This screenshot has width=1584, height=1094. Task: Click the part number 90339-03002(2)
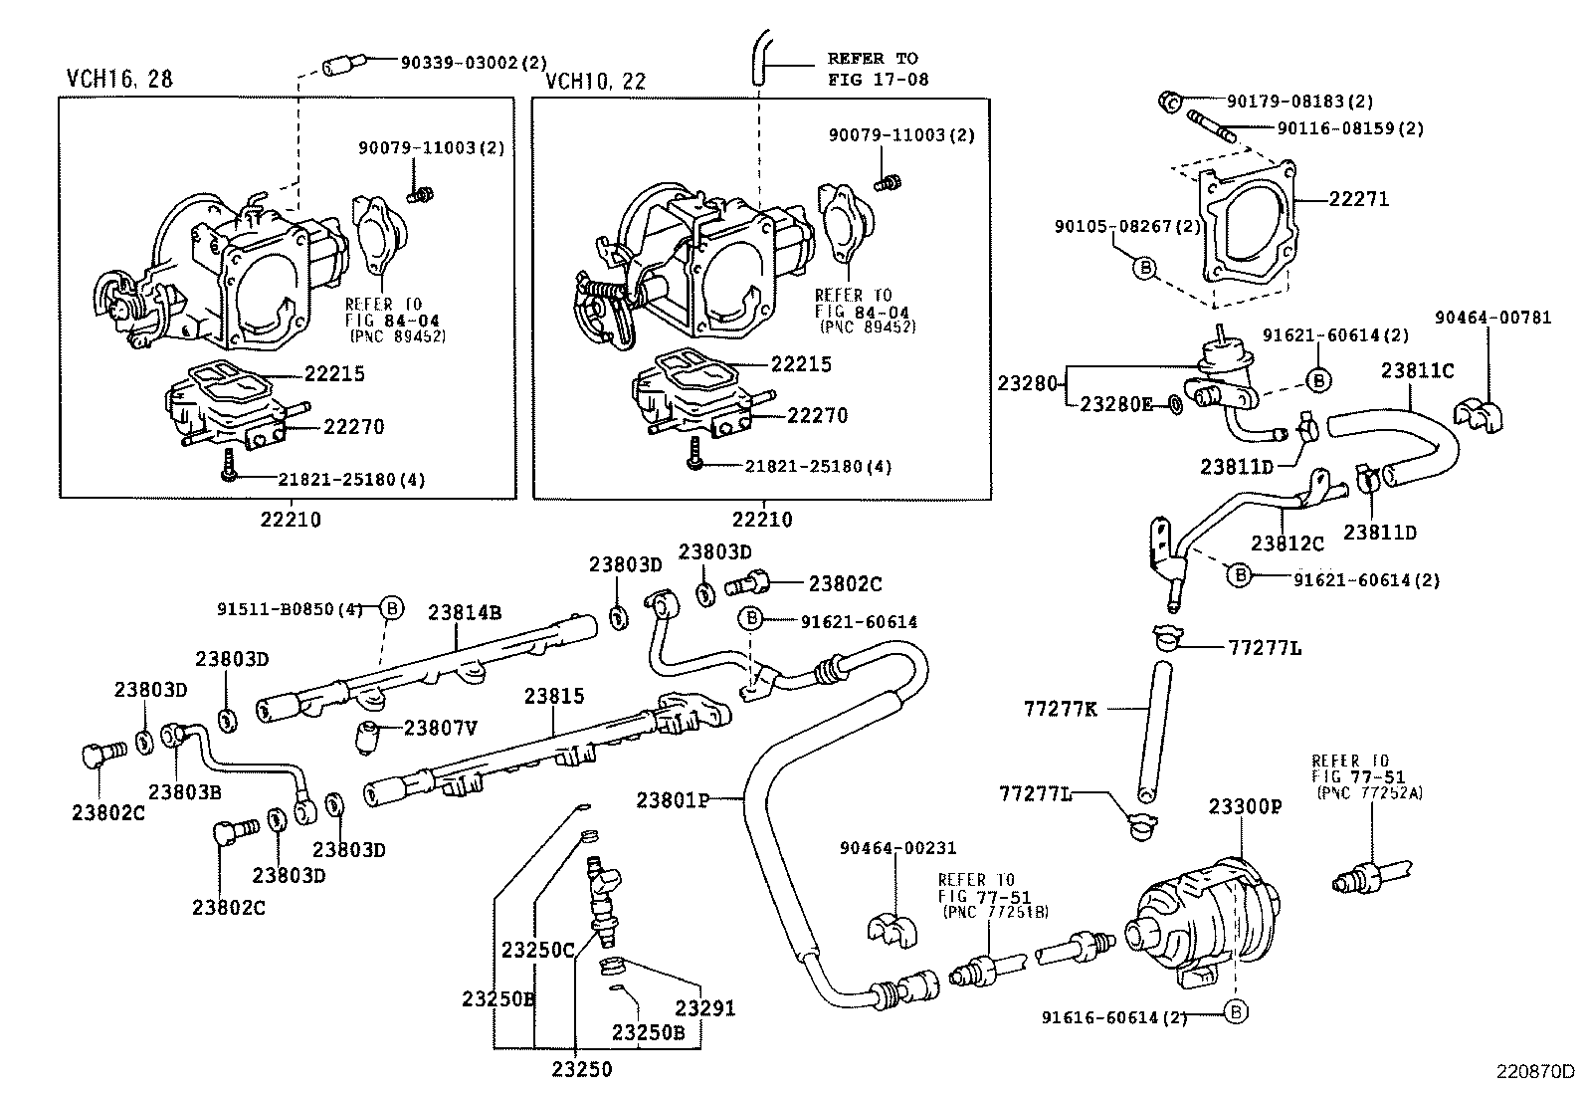(474, 63)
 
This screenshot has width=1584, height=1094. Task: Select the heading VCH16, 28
(119, 79)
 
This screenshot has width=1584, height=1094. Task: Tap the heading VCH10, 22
(594, 82)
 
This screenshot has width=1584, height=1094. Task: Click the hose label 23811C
(1417, 371)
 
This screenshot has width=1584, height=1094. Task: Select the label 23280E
(1116, 404)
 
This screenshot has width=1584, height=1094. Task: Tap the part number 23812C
(1287, 544)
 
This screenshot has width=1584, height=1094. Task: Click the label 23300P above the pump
(1245, 806)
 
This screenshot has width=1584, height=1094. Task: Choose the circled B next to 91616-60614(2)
(1235, 1012)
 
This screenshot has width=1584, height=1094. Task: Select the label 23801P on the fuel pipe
(673, 799)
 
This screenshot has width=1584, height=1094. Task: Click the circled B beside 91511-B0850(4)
(392, 608)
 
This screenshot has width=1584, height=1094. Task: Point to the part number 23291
(705, 1008)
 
